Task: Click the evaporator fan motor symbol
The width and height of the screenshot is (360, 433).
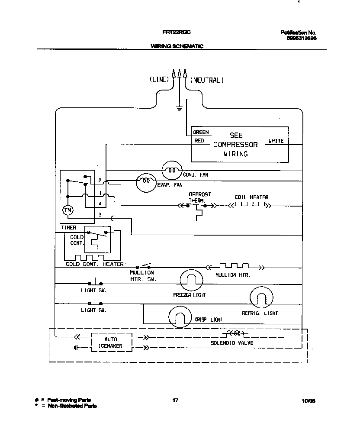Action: click(146, 183)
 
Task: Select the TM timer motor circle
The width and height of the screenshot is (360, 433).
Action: click(68, 210)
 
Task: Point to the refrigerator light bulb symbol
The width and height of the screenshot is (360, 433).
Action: click(262, 298)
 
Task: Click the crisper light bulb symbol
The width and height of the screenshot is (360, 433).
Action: click(179, 317)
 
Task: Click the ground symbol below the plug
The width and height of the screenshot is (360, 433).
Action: click(179, 108)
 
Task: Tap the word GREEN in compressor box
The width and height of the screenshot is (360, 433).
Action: click(201, 132)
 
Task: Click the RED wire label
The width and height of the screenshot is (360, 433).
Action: click(199, 141)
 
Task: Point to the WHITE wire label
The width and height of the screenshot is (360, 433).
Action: click(276, 141)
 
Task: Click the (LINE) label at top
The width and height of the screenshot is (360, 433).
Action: click(159, 80)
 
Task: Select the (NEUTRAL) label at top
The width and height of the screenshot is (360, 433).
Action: click(207, 80)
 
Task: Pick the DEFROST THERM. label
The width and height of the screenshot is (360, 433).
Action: click(199, 197)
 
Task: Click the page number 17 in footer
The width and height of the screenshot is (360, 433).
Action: click(175, 401)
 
